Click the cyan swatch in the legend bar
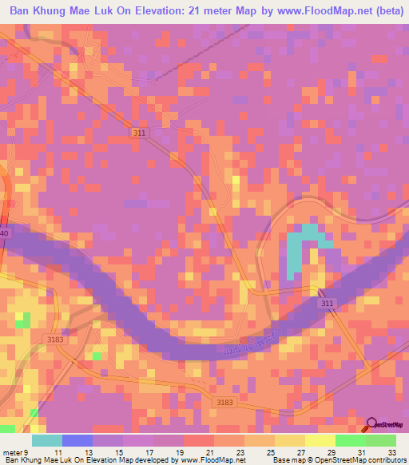coord(46,439)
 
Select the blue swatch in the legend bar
coord(76,439)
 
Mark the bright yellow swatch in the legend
coord(320,439)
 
